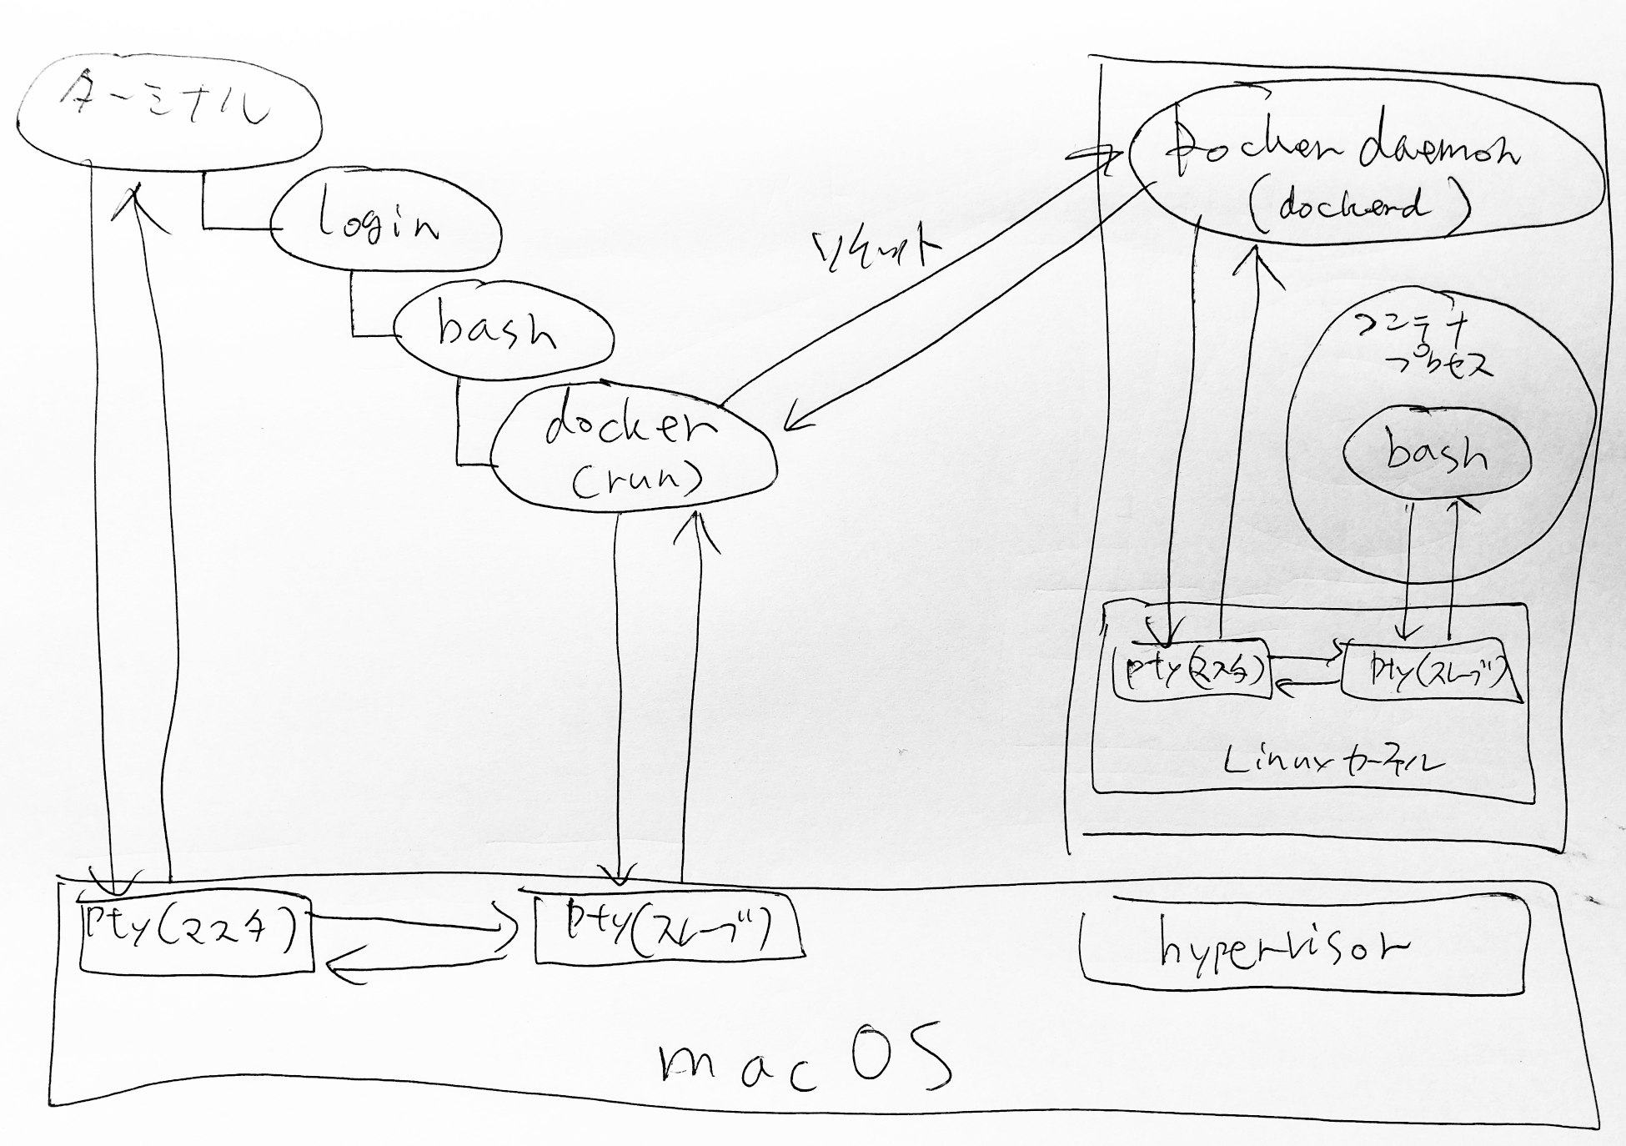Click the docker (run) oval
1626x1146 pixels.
[634, 450]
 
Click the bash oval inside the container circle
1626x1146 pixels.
[1437, 455]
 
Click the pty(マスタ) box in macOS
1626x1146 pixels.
[195, 933]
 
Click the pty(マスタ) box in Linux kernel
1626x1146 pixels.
[1191, 671]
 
